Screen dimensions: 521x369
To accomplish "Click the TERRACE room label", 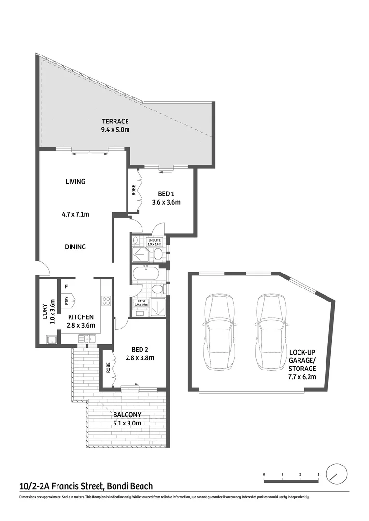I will click(114, 122).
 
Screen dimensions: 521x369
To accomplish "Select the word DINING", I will click(75, 247).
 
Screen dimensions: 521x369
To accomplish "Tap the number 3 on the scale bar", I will click(318, 475).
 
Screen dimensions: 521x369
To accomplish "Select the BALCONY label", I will click(127, 415).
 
